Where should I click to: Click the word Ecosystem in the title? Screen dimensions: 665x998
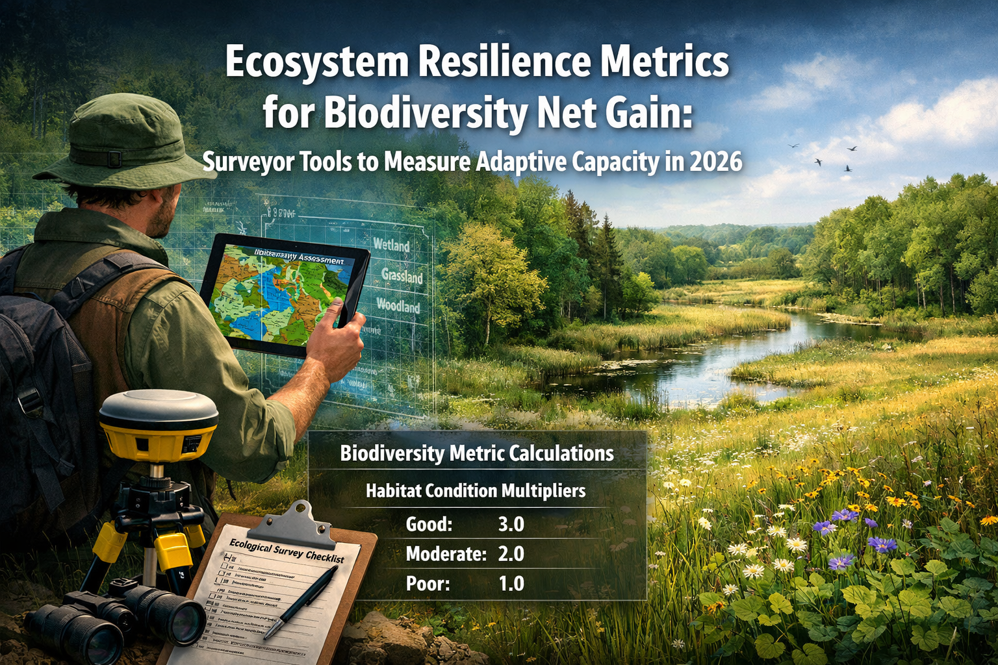[317, 63]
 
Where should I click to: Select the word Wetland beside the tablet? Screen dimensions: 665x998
[392, 245]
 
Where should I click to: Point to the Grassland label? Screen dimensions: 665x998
[402, 276]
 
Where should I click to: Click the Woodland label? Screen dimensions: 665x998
[398, 306]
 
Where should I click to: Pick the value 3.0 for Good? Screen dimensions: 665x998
[511, 524]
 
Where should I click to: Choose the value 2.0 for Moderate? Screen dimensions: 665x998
[511, 554]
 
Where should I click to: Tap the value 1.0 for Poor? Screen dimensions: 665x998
[511, 584]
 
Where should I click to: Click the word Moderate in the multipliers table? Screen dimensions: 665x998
[446, 554]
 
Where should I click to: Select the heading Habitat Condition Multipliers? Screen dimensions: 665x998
[476, 491]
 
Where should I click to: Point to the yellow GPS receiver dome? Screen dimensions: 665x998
[159, 422]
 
